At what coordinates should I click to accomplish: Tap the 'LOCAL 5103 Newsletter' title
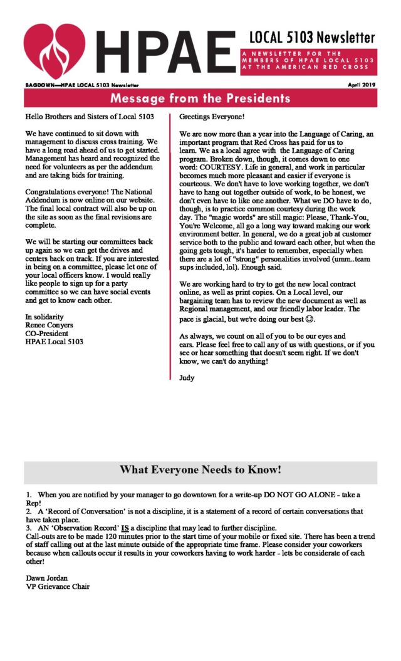point(312,37)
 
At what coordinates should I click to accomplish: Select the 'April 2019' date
point(361,84)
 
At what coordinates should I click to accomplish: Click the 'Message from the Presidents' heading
point(200,98)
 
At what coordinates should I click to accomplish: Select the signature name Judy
point(187,378)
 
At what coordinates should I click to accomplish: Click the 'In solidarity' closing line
point(45,317)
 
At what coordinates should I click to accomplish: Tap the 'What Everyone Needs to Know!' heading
point(200,470)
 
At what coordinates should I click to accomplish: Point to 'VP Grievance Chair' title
point(58,586)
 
